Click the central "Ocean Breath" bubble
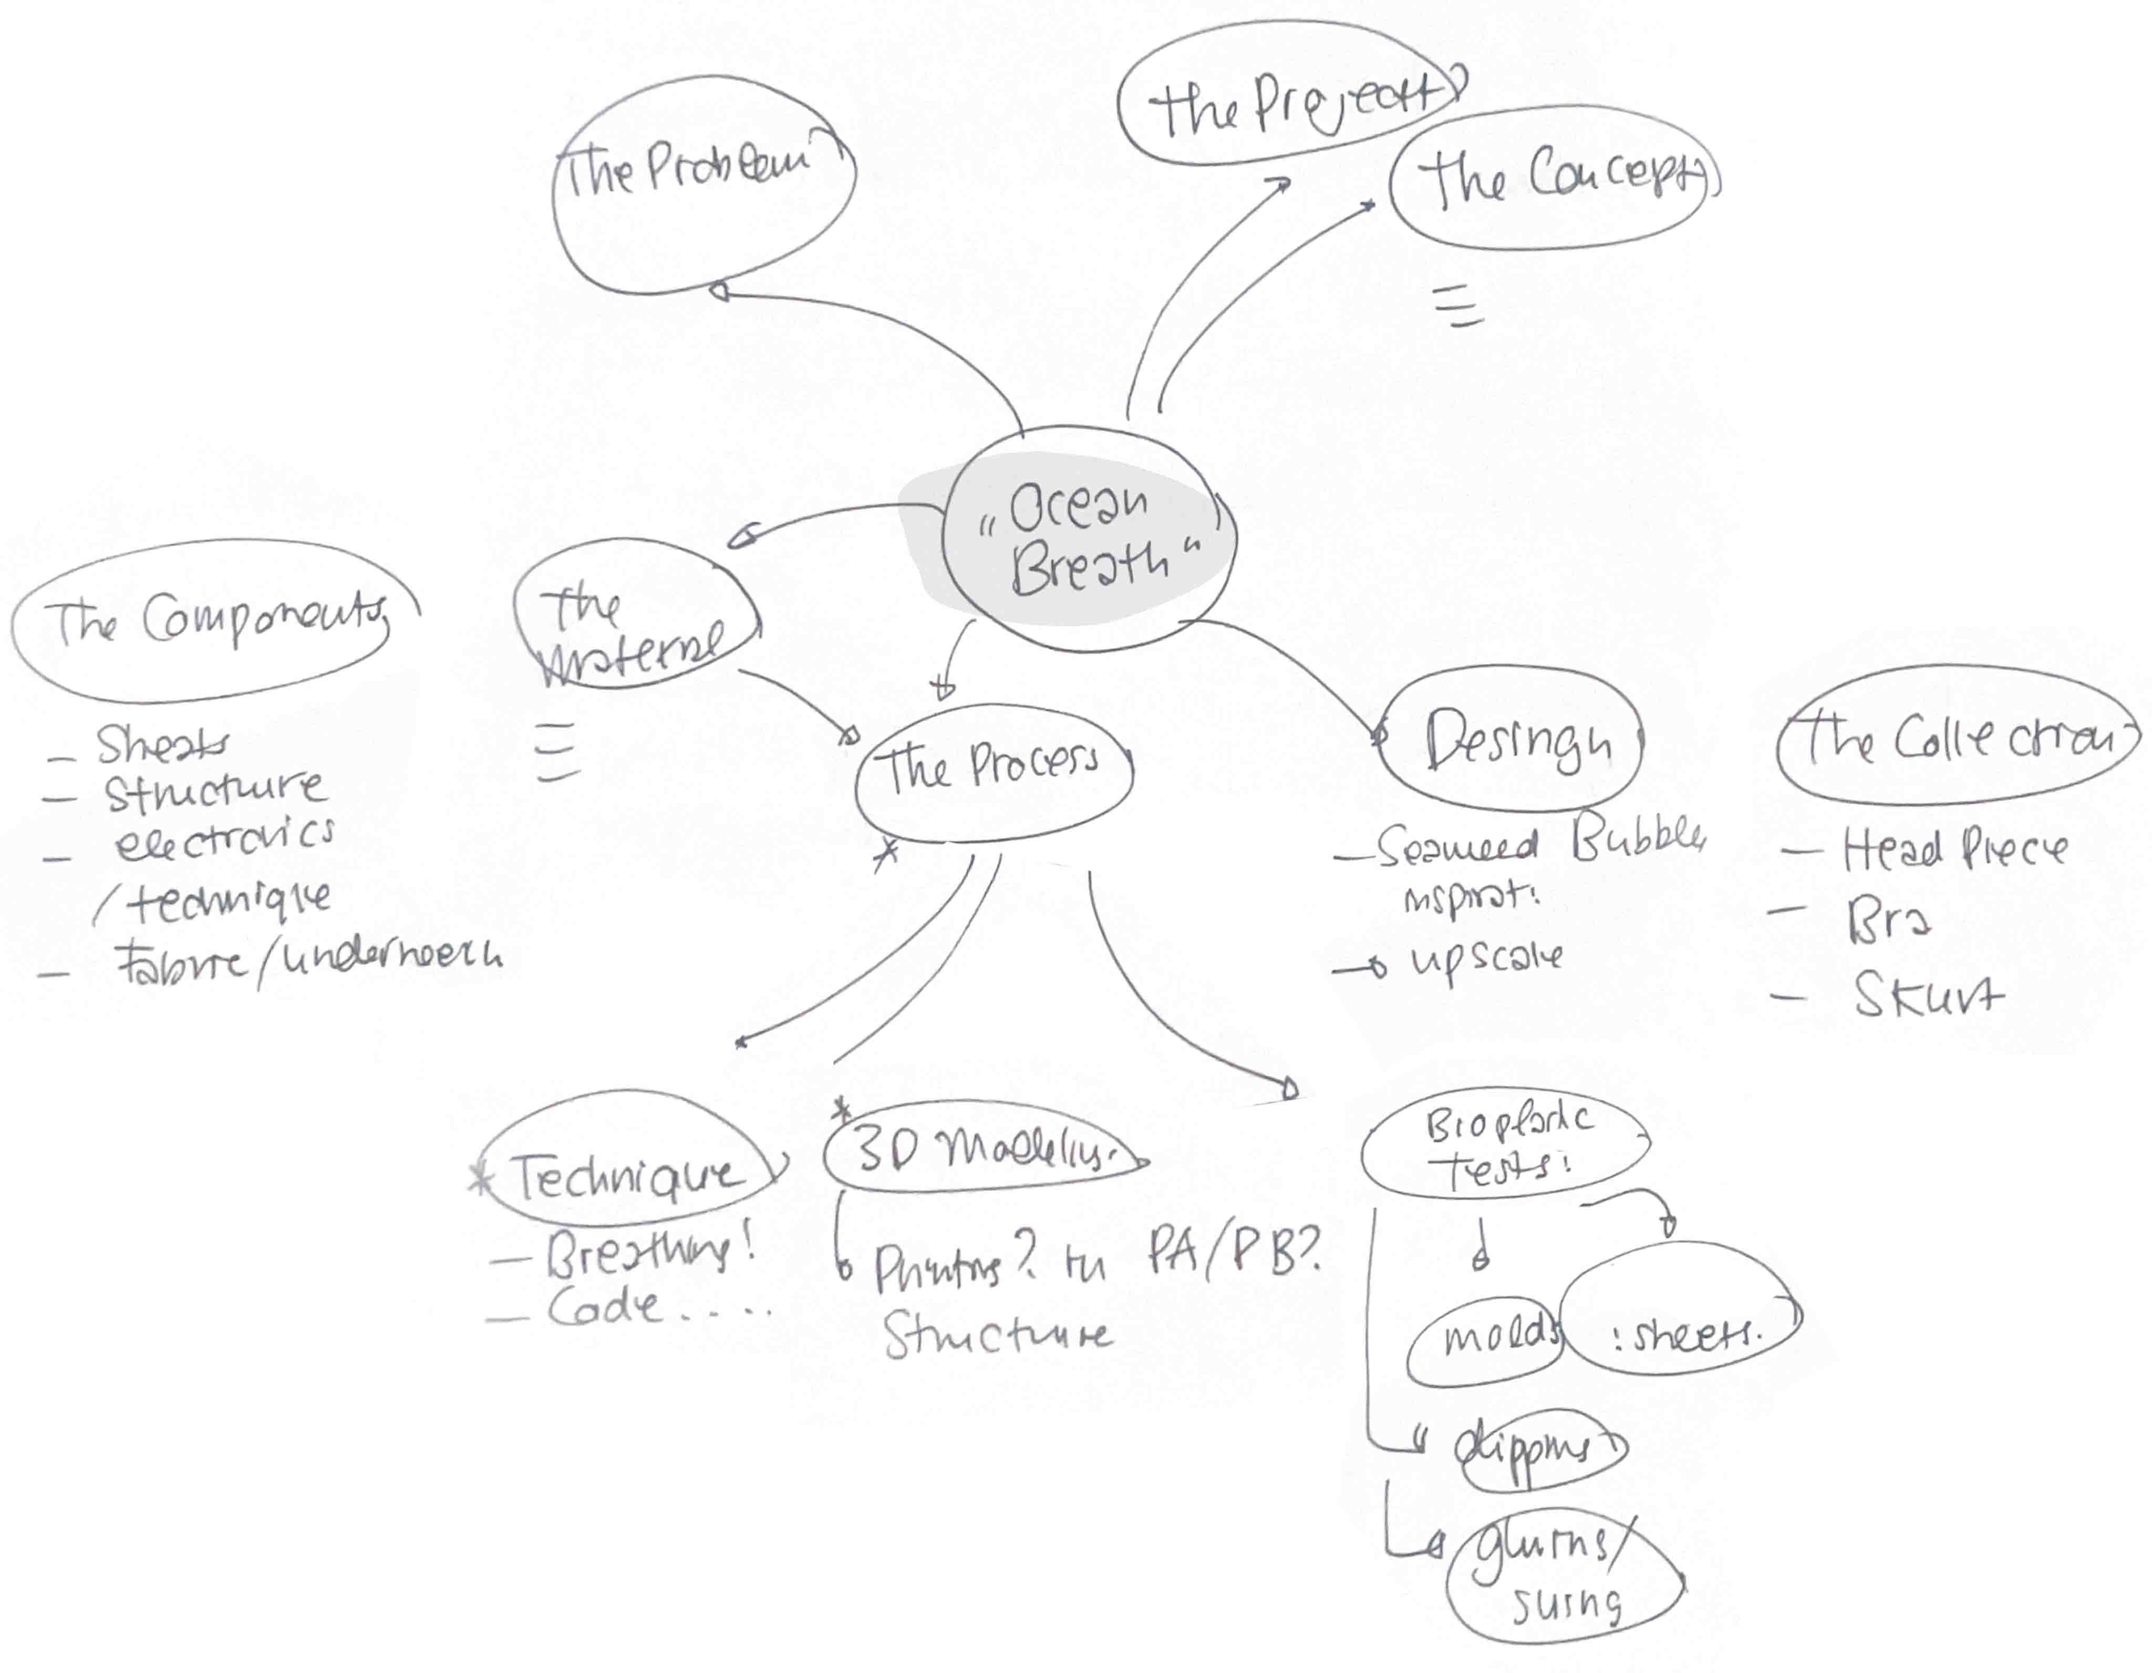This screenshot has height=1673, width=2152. point(1084,540)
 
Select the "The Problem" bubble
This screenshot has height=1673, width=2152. point(701,184)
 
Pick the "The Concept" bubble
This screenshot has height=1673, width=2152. point(1552,178)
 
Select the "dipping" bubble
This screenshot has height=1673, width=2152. point(1542,1448)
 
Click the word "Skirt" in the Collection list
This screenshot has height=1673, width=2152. point(1927,995)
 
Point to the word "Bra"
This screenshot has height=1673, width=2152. point(1887,921)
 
